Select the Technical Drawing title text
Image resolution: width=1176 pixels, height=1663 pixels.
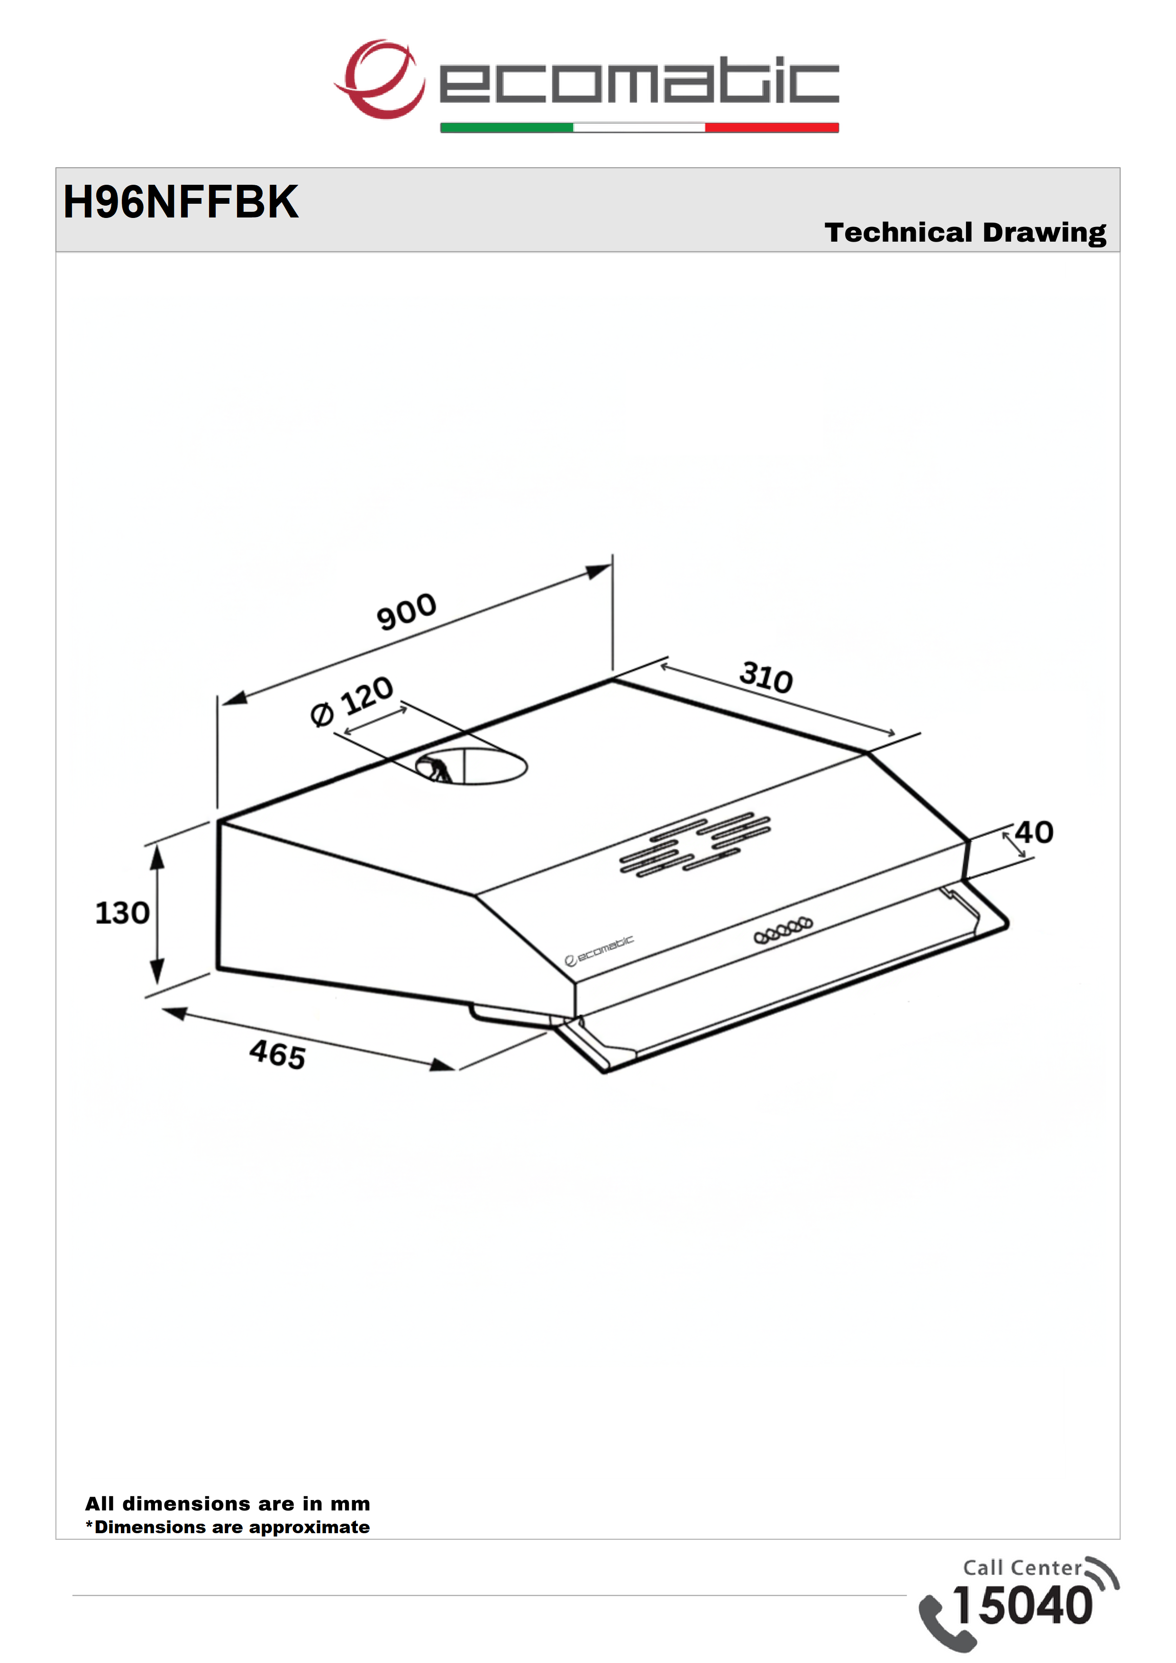click(965, 233)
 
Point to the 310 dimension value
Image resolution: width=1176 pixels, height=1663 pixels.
click(766, 677)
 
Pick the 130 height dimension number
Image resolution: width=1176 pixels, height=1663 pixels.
click(122, 913)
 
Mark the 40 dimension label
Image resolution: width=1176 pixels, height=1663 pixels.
click(1034, 832)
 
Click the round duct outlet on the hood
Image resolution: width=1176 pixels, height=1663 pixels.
click(471, 767)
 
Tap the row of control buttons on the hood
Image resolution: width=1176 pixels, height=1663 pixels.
click(783, 931)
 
